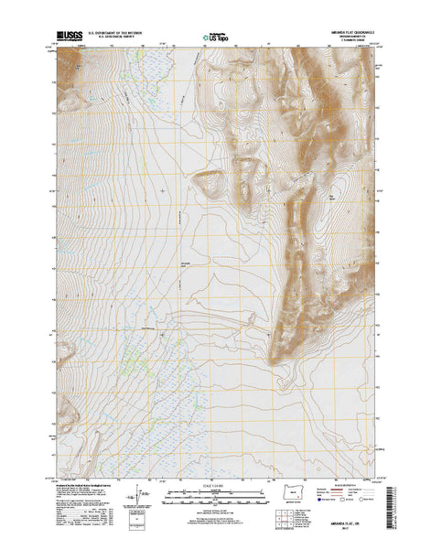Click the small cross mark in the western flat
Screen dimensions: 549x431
coord(164,190)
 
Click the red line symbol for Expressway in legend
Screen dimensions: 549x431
coord(338,490)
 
